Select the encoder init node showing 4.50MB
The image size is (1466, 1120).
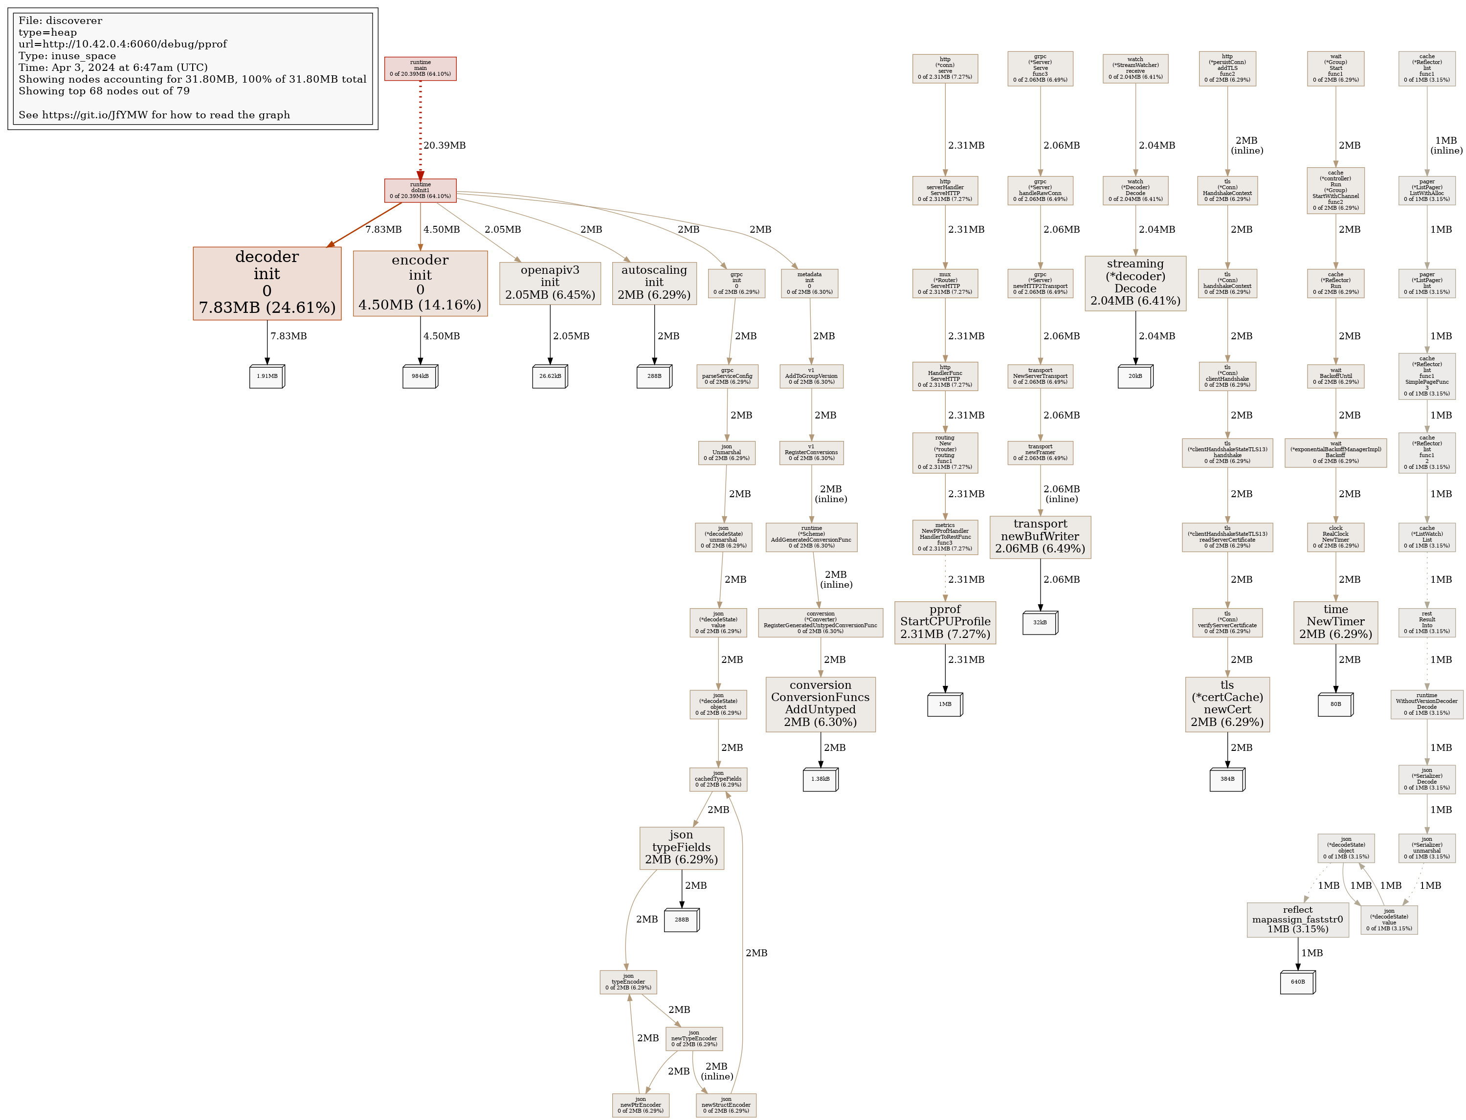point(420,284)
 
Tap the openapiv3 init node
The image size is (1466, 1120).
point(550,284)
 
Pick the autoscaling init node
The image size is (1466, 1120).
point(654,284)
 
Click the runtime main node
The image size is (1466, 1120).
point(420,68)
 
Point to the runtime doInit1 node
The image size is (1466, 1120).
point(420,191)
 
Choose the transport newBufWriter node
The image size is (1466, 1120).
point(1040,537)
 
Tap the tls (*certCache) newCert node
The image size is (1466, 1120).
point(1227,704)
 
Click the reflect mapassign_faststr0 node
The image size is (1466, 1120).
point(1297,920)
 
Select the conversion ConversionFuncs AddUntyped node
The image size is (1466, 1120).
point(820,704)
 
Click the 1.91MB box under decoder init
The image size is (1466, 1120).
point(267,376)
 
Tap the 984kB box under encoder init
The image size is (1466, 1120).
point(420,376)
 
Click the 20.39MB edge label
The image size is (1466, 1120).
point(444,145)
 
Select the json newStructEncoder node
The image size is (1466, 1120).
point(726,1105)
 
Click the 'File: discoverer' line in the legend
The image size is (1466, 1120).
point(61,21)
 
